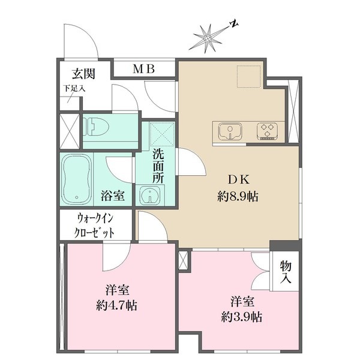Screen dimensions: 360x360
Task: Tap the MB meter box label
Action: tap(143, 70)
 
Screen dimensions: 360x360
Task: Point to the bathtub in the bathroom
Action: tap(77, 179)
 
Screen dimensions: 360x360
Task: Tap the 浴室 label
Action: tap(112, 194)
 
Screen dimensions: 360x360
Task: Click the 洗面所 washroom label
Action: tap(158, 166)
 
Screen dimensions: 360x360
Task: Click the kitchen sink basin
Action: tap(229, 130)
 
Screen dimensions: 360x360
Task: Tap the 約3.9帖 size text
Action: tap(241, 316)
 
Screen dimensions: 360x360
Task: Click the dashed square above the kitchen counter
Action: tap(247, 76)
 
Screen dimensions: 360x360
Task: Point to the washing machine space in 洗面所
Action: tap(161, 133)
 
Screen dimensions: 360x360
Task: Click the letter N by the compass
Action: tap(234, 24)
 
